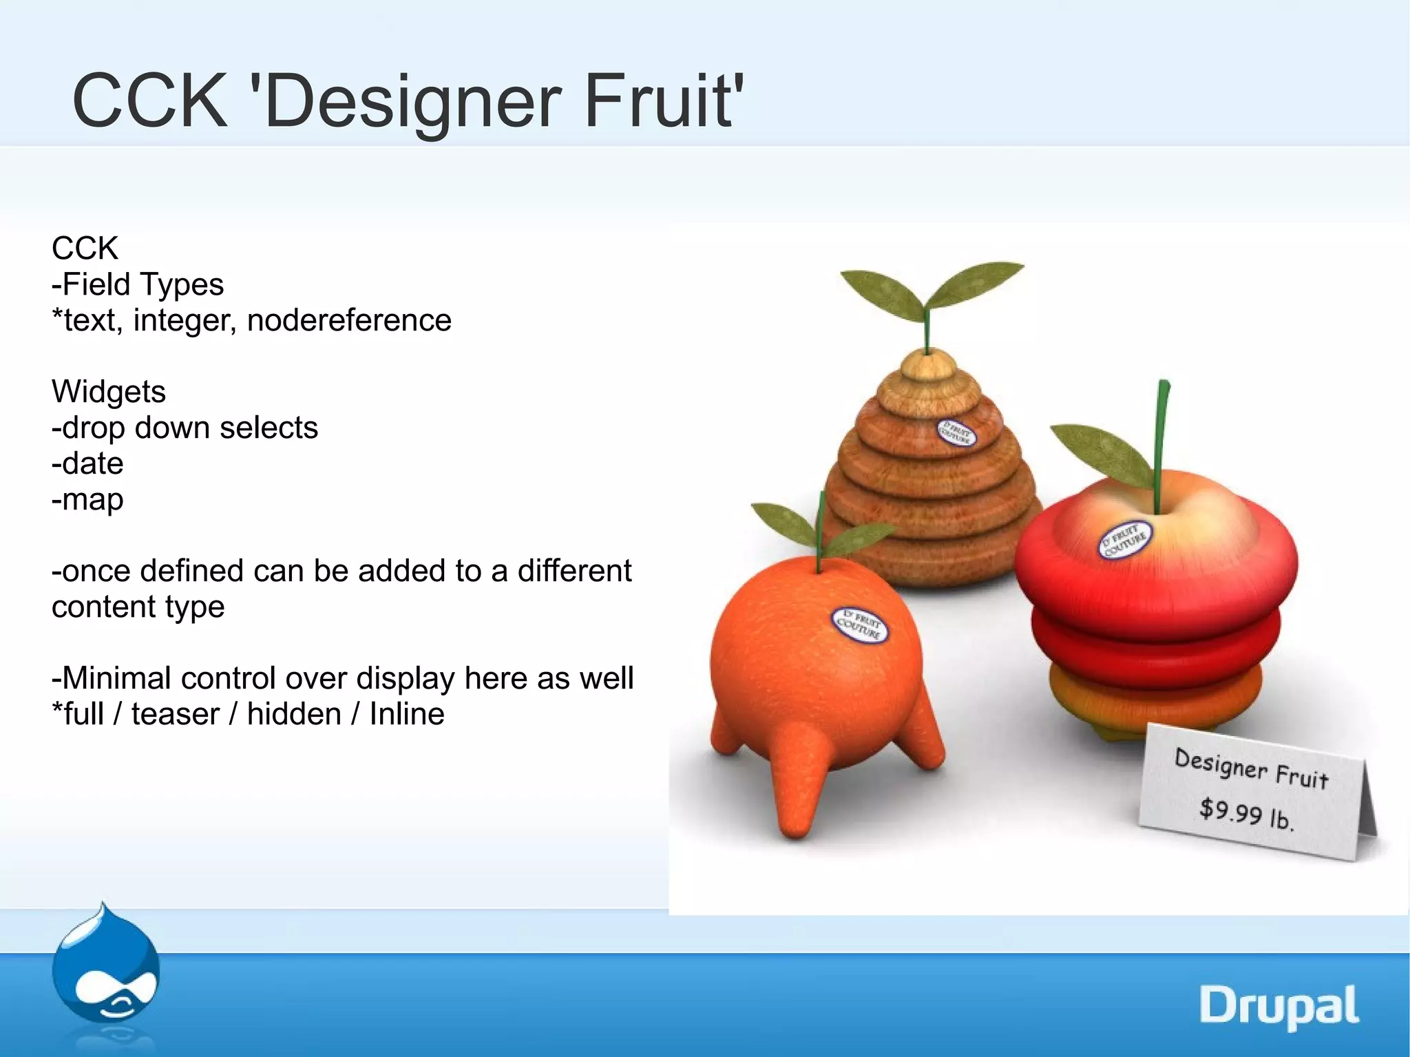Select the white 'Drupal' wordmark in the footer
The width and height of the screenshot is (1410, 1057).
[x=1279, y=1006]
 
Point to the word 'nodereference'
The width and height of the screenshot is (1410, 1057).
[x=349, y=320]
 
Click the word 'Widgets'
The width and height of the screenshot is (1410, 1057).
[x=109, y=392]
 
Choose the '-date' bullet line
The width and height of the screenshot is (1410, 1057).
[x=87, y=463]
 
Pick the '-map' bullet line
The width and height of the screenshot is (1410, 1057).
[x=87, y=500]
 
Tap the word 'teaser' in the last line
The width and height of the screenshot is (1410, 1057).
[x=175, y=714]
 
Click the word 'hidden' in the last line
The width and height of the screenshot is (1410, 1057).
[x=294, y=714]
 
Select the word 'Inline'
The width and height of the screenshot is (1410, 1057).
[x=407, y=714]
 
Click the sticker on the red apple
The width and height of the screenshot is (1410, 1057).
[x=1124, y=541]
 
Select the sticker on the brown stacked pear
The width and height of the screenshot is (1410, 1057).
[x=956, y=432]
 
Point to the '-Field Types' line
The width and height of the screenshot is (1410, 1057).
[x=138, y=284]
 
